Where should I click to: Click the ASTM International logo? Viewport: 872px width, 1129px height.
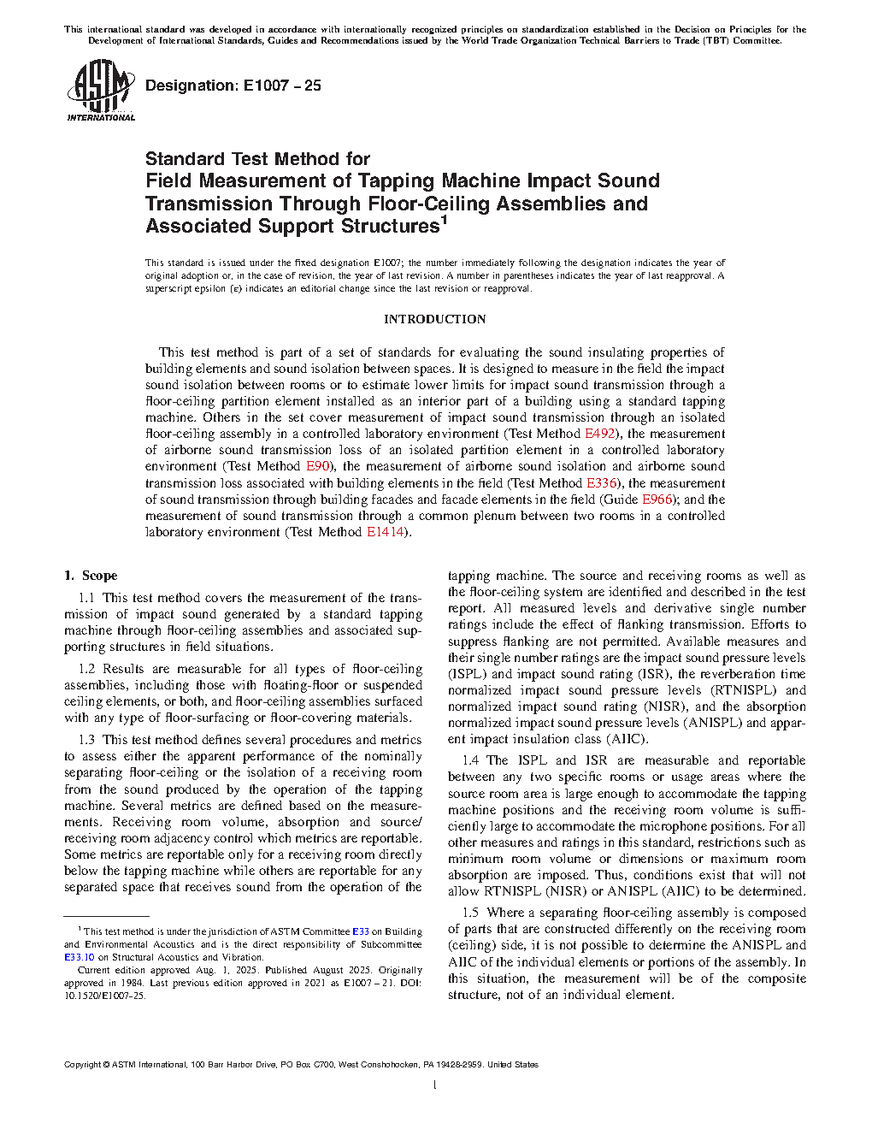point(101,90)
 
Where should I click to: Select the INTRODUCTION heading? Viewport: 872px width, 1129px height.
point(434,319)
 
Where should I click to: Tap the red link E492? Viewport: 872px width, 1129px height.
point(600,434)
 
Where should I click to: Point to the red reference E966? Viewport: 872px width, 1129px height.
point(657,499)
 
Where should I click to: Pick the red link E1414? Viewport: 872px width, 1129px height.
point(385,532)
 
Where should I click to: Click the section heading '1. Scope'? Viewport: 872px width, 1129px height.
point(91,576)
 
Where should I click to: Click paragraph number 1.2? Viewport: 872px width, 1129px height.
point(86,669)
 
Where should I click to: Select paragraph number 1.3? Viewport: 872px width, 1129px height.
point(86,740)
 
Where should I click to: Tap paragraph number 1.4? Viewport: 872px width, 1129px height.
point(470,760)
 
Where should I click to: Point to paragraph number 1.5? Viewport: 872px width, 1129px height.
point(470,913)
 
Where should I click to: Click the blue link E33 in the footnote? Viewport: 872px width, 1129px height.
point(361,931)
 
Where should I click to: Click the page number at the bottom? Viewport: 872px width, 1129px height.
point(435,1085)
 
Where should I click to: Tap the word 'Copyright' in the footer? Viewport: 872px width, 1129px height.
point(82,1065)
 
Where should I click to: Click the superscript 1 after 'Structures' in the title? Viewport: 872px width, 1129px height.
point(444,222)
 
